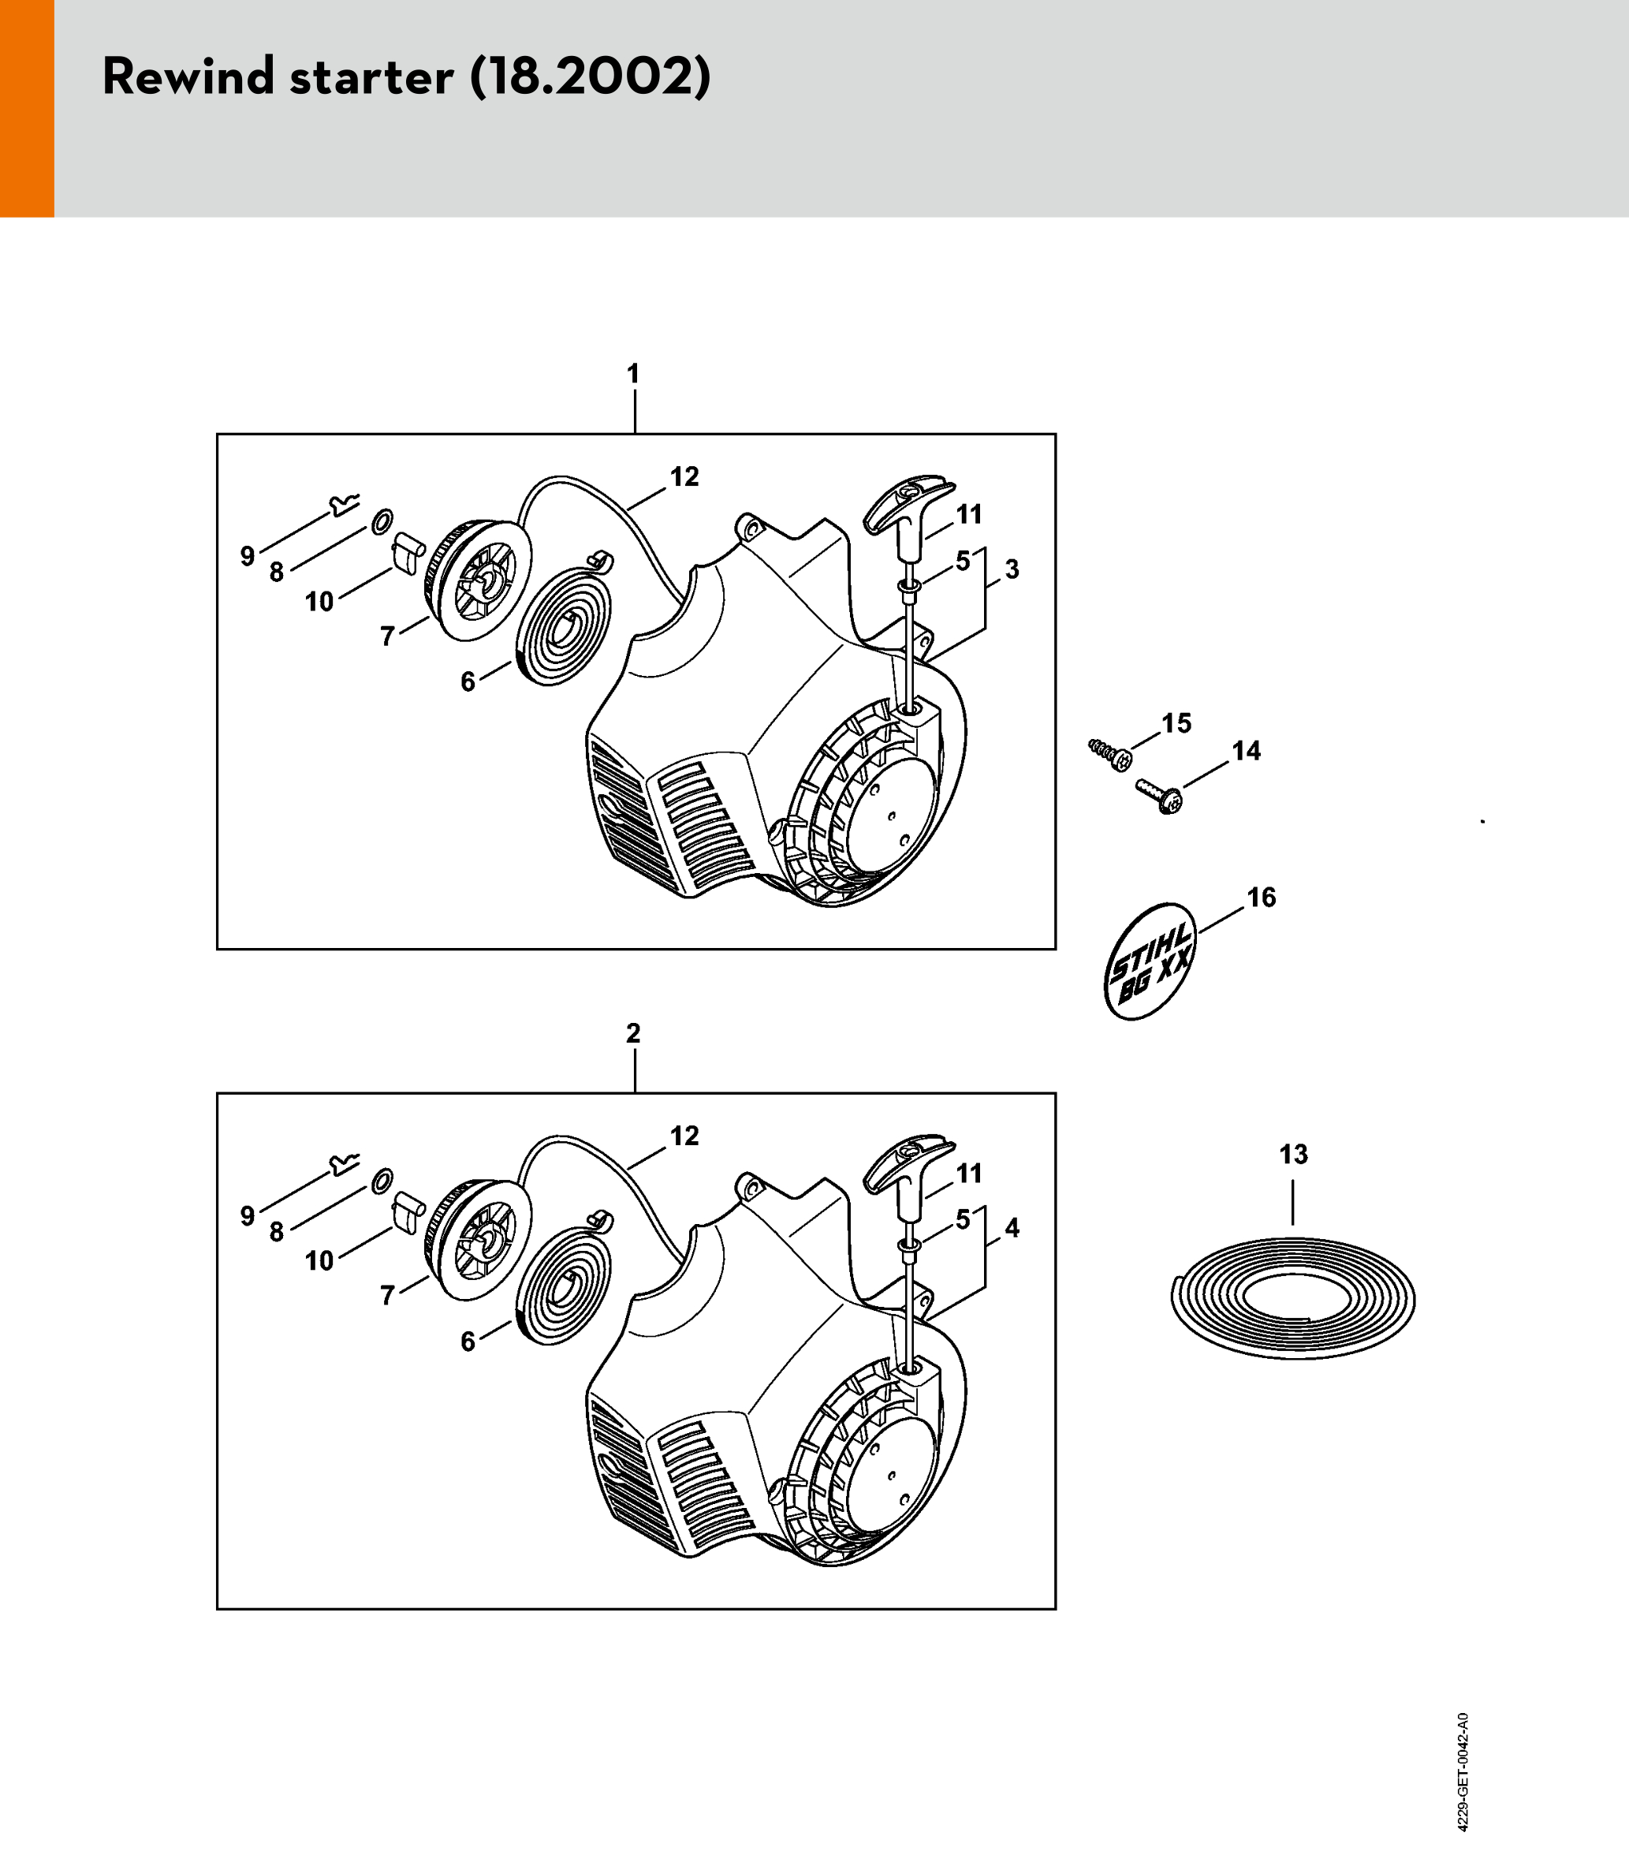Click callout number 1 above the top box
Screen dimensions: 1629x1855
pyautogui.click(x=633, y=374)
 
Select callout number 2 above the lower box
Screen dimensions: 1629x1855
pyautogui.click(x=633, y=1032)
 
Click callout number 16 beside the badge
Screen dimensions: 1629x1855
pyautogui.click(x=1262, y=898)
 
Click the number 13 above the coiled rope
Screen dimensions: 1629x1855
pyautogui.click(x=1293, y=1155)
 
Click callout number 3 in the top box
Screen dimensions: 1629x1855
pyautogui.click(x=1012, y=570)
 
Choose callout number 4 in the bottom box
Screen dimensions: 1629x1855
pyautogui.click(x=1012, y=1229)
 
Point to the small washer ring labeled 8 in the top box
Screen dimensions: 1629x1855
pyautogui.click(x=383, y=522)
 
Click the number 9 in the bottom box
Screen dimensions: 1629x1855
pyautogui.click(x=248, y=1216)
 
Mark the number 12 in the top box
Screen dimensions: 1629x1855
pyautogui.click(x=684, y=477)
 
